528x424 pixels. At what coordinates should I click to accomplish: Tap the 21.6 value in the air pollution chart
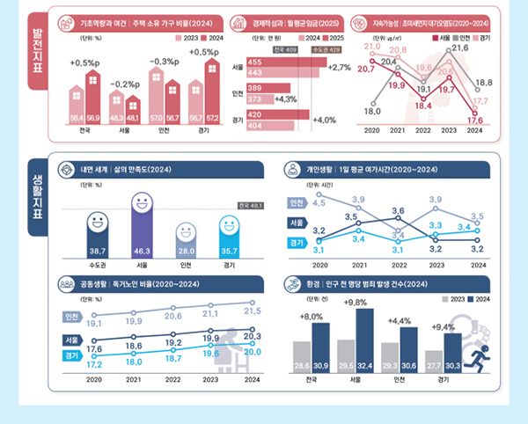459,60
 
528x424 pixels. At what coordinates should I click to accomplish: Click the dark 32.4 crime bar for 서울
365,338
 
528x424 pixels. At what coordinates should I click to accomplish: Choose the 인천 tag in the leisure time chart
296,203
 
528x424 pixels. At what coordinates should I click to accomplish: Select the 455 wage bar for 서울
277,62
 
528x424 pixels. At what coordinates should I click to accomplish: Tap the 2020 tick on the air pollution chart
371,130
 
